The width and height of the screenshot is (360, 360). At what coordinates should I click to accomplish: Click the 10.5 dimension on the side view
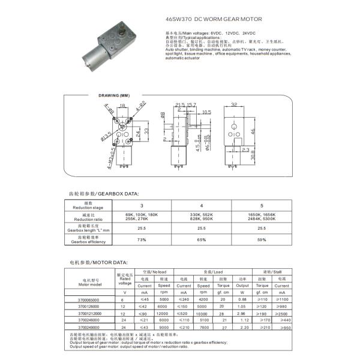(x=206, y=112)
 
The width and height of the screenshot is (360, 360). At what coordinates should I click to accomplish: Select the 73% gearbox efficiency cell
(x=142, y=240)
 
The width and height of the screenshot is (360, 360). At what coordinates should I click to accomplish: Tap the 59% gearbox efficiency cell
(x=261, y=240)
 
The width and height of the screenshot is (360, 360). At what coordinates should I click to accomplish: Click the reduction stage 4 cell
(x=202, y=205)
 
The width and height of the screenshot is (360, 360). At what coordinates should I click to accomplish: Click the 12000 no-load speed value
(x=164, y=313)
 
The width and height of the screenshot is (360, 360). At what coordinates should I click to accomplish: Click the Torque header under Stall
(x=262, y=285)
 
